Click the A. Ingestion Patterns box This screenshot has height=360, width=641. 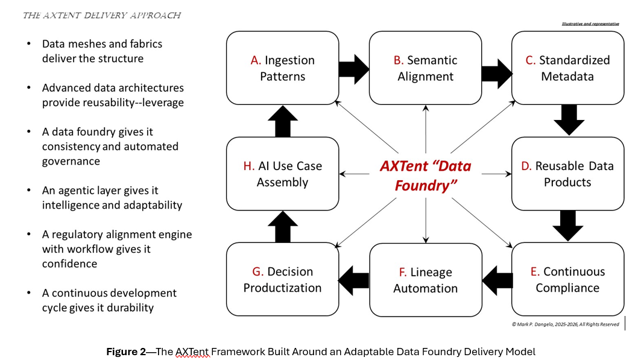(282, 68)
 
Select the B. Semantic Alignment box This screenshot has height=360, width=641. (425, 68)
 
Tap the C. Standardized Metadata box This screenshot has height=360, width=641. (567, 68)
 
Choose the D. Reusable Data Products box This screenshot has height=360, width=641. (567, 174)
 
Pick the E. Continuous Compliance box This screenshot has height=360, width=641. (567, 279)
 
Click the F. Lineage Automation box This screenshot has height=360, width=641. (425, 280)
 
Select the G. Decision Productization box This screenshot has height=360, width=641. (282, 279)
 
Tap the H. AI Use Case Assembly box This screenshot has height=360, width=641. (282, 174)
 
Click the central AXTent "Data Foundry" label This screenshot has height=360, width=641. (425, 175)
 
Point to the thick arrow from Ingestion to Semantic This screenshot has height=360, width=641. (353, 67)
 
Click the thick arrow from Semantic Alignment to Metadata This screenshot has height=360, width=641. (496, 67)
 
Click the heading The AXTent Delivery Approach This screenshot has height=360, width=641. (101, 15)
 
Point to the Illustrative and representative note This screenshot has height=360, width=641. (590, 24)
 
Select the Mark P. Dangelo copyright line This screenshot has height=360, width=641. (565, 324)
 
